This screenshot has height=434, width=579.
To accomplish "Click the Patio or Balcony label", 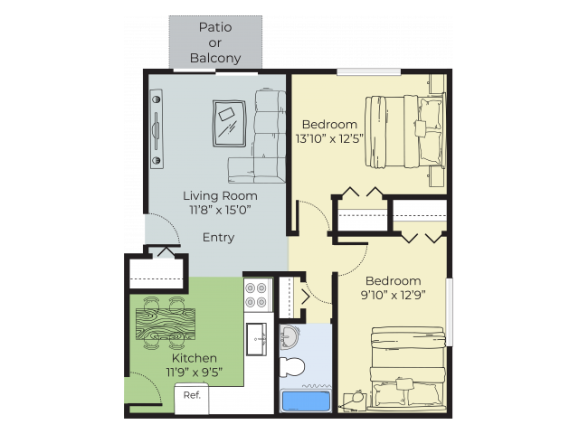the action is pyautogui.click(x=215, y=42).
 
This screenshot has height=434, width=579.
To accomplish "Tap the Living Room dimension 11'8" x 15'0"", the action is pyautogui.click(x=221, y=210).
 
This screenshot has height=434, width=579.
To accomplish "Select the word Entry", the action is pyautogui.click(x=218, y=237).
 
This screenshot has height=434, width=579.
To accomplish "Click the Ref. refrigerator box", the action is pyautogui.click(x=192, y=399).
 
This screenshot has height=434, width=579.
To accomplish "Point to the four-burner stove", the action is pyautogui.click(x=257, y=295).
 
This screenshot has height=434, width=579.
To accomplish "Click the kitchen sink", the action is pyautogui.click(x=256, y=339).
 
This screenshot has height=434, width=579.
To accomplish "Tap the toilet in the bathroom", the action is pyautogui.click(x=291, y=367).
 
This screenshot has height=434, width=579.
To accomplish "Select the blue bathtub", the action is pyautogui.click(x=306, y=401).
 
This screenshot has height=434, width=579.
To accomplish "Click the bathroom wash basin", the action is pyautogui.click(x=288, y=337).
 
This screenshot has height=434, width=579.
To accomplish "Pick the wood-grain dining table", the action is pyautogui.click(x=166, y=324).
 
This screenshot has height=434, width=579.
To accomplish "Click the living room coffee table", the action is pyautogui.click(x=229, y=123).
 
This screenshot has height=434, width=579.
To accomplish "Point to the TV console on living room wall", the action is pyautogui.click(x=157, y=128).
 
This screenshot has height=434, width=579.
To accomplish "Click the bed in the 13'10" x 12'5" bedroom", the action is pyautogui.click(x=404, y=132).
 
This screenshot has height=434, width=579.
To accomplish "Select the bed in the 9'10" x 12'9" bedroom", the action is pyautogui.click(x=408, y=368).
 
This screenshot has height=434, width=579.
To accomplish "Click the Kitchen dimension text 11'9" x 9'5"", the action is pyautogui.click(x=195, y=373).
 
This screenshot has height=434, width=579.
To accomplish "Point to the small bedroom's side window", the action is pyautogui.click(x=450, y=312).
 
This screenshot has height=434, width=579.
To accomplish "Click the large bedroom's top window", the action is pyautogui.click(x=369, y=71).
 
